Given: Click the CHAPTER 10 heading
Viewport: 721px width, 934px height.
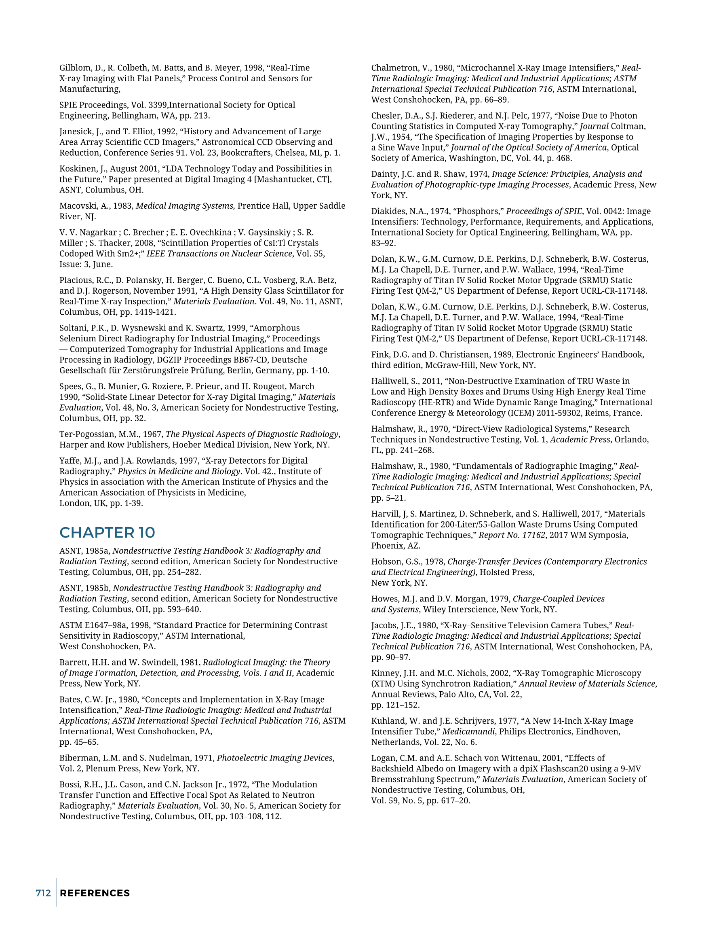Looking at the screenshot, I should pos(107,532).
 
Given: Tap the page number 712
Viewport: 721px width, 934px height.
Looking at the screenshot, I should pos(43,893).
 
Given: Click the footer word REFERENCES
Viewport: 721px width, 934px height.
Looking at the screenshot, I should pos(95,893).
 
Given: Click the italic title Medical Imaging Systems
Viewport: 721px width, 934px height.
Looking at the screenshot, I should pos(185,206).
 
